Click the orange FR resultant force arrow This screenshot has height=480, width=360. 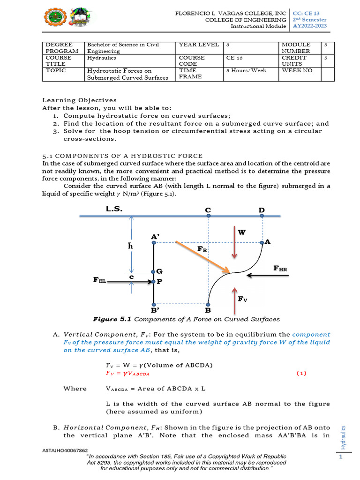202,257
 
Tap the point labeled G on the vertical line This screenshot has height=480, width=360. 153,272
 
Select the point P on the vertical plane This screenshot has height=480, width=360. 153,282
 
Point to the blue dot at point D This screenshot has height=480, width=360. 262,216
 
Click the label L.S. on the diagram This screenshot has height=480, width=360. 114,209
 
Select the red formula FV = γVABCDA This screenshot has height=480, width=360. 128,374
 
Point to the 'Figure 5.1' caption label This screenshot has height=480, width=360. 113,319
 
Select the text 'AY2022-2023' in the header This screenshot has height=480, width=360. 310,26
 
